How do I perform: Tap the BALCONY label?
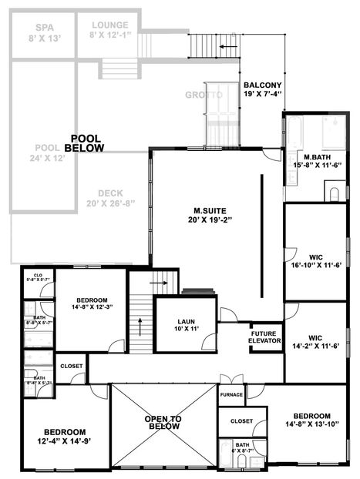(262, 89)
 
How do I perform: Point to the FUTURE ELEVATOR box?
(264, 337)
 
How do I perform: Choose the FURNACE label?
(231, 395)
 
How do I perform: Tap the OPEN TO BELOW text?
(164, 422)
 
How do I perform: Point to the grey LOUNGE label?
(109, 29)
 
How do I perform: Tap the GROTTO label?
(204, 95)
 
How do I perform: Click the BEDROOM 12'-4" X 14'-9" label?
(64, 437)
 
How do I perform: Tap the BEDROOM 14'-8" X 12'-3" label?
(91, 304)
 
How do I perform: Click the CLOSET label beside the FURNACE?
(241, 421)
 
